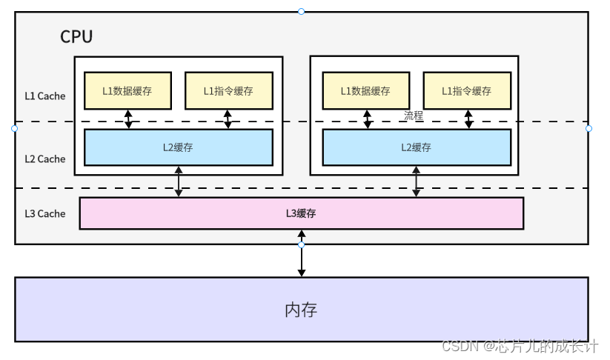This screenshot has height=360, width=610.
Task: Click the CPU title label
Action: coord(76,37)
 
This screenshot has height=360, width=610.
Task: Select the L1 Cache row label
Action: coord(44,96)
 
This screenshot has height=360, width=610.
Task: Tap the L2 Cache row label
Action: coord(44,159)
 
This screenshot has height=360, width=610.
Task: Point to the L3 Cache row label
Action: coord(44,213)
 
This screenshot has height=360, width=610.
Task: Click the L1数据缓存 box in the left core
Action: coord(128,91)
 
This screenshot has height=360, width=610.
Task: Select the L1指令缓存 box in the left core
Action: coord(228,91)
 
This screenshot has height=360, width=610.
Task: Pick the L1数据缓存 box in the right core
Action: coord(365,91)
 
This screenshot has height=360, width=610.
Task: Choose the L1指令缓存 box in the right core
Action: coord(466,91)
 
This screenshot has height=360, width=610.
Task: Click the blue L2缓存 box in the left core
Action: coord(179,147)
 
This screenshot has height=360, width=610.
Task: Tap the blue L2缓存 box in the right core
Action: coord(416,147)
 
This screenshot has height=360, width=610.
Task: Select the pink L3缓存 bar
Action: coord(301,213)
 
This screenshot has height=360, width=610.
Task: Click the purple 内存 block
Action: coord(301,310)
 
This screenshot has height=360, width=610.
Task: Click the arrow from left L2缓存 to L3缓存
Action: coord(179,181)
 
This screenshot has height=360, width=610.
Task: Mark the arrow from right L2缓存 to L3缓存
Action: coord(416,181)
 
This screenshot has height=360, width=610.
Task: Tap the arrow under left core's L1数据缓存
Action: coord(128,119)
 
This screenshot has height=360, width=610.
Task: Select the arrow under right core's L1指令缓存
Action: coord(468,119)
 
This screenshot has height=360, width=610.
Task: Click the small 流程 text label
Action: coord(413,116)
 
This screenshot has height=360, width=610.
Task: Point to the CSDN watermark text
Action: coord(520,346)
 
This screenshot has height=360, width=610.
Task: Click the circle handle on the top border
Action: coord(301,11)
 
